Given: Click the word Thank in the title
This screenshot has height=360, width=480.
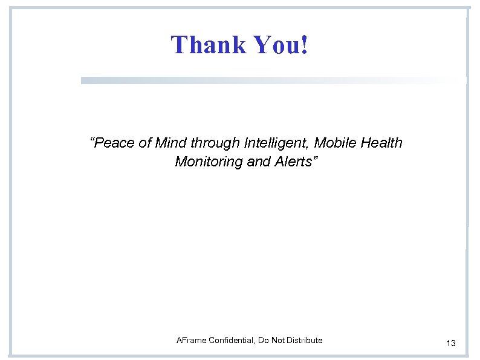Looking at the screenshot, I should [x=200, y=44].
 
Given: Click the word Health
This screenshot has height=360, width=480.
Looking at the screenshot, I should [x=382, y=144].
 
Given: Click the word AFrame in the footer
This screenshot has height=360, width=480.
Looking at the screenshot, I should [x=190, y=341].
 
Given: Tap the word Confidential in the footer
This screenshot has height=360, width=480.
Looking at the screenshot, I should [x=231, y=341].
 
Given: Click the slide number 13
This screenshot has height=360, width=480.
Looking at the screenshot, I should [x=451, y=344].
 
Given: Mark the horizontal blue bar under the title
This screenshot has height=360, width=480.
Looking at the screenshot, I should [x=272, y=80].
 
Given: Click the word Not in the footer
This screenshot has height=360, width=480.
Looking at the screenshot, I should [x=278, y=341].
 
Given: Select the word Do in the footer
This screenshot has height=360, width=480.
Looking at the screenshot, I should [x=263, y=341].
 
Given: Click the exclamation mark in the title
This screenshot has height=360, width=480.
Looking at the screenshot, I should [x=303, y=44].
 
